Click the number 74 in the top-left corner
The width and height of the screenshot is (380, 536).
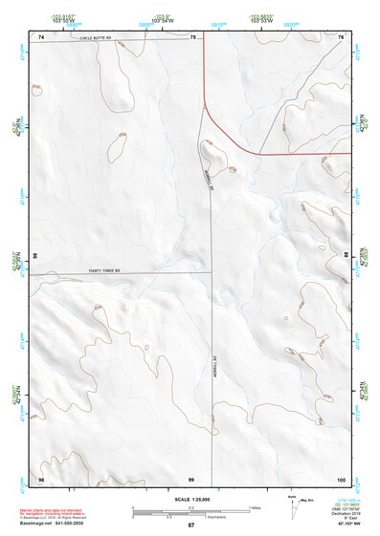click(41, 36)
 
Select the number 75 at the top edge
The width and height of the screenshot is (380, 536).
click(193, 36)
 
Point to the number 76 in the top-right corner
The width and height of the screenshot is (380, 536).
click(341, 36)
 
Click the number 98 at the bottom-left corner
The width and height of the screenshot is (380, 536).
click(41, 478)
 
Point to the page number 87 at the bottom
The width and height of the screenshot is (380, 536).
click(190, 525)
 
